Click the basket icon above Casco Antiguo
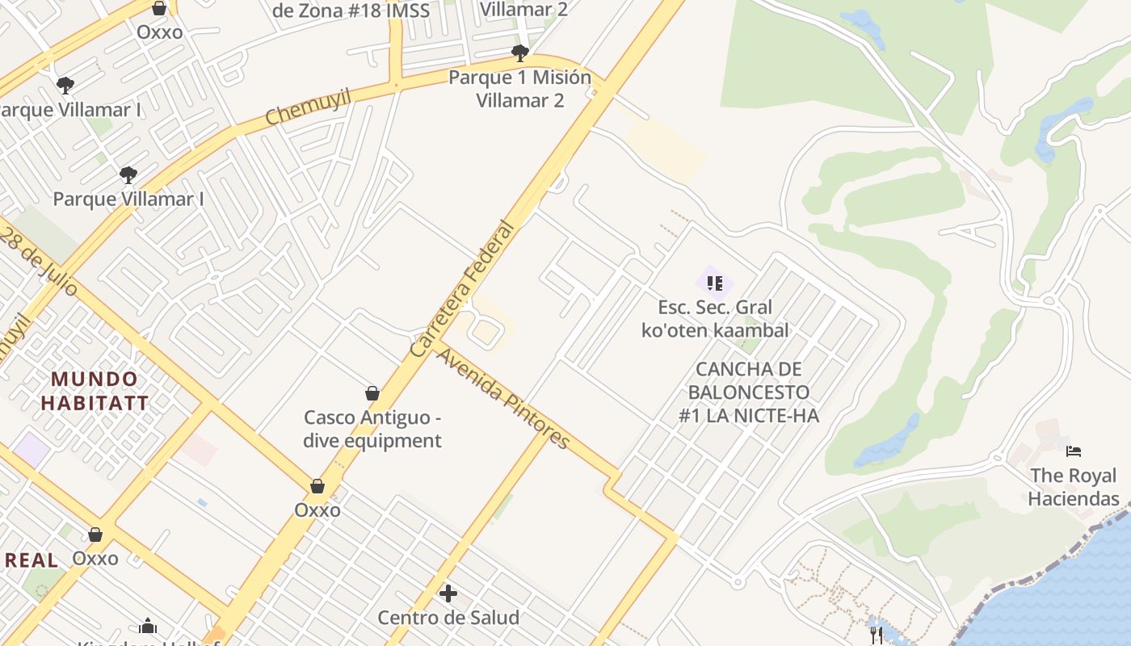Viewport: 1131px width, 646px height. click(372, 393)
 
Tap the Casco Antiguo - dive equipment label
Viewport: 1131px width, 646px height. click(372, 429)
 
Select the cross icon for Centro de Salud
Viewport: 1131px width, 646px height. click(448, 594)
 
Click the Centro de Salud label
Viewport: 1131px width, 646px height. click(448, 618)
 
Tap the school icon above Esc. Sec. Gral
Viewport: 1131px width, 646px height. click(714, 283)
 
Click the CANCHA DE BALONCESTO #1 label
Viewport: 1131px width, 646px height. click(748, 392)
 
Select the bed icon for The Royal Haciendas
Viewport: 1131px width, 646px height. click(1074, 451)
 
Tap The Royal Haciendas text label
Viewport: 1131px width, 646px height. click(1074, 487)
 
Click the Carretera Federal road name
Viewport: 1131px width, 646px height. click(462, 289)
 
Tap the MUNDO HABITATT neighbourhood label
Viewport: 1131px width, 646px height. click(95, 391)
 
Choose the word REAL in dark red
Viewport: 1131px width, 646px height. click(30, 560)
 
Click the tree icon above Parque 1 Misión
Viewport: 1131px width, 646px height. click(520, 53)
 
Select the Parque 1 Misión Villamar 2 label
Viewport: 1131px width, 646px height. click(520, 89)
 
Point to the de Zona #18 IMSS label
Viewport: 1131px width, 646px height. click(351, 10)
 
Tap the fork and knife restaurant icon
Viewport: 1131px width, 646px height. click(877, 635)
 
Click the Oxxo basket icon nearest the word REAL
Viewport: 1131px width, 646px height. click(95, 535)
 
